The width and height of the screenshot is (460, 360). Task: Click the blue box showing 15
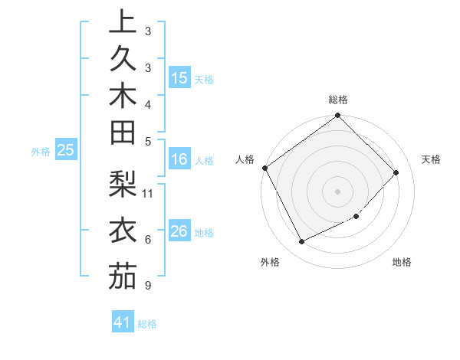179,78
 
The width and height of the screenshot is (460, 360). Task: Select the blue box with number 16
179,160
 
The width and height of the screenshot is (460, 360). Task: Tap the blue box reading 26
179,231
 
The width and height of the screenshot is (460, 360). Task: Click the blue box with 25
66,151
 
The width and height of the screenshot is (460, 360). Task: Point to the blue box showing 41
123,322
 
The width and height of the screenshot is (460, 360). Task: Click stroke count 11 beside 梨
149,192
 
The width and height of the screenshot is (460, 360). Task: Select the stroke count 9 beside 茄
146,286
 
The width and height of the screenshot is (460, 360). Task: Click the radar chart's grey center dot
337,191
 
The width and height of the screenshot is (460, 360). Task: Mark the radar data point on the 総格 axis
337,116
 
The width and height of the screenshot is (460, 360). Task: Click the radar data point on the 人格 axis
264,168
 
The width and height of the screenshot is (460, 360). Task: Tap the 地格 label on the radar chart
402,262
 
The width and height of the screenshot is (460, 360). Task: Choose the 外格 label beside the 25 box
41,152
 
